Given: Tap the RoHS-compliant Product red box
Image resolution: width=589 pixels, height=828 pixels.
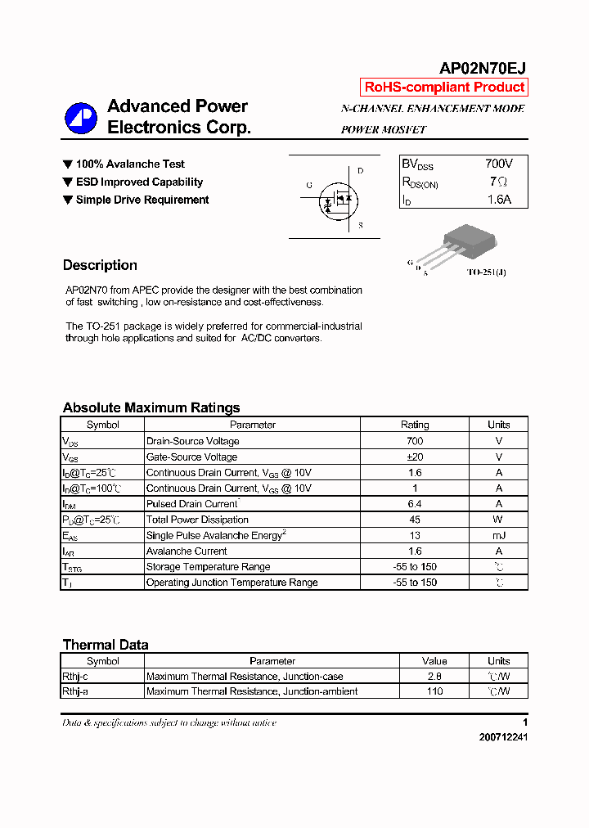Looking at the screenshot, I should [444, 88].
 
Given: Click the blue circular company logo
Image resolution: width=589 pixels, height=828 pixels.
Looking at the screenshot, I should [81, 118].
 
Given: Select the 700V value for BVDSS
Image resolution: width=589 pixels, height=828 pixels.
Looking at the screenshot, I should [498, 164].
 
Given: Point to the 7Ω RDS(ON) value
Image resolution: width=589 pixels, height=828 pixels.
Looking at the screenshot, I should [498, 182].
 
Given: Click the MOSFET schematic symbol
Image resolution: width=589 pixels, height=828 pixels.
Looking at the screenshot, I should [336, 198].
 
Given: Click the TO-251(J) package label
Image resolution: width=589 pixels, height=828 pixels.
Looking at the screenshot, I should [486, 272].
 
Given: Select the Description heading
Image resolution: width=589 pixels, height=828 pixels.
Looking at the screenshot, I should [100, 265].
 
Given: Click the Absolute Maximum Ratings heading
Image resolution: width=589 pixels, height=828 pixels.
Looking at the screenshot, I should [151, 407].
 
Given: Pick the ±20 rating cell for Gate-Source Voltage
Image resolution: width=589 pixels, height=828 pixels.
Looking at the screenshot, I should [414, 457].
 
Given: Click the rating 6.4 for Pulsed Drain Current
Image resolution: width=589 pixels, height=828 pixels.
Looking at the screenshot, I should [414, 504].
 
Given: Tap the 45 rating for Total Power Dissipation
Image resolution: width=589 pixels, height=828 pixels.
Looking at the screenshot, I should [414, 520].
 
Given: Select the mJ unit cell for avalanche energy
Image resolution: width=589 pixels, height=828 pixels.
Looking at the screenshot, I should [498, 535].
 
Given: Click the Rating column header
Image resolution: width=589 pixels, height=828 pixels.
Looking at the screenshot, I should [414, 425].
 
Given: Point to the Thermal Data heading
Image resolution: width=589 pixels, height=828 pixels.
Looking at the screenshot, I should [106, 645].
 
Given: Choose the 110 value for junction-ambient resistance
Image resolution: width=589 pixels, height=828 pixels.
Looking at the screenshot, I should [434, 691].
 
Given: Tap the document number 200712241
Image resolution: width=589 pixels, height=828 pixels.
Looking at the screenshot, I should [503, 737].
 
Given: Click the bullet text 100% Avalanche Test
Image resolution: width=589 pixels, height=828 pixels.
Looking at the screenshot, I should [130, 164].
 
